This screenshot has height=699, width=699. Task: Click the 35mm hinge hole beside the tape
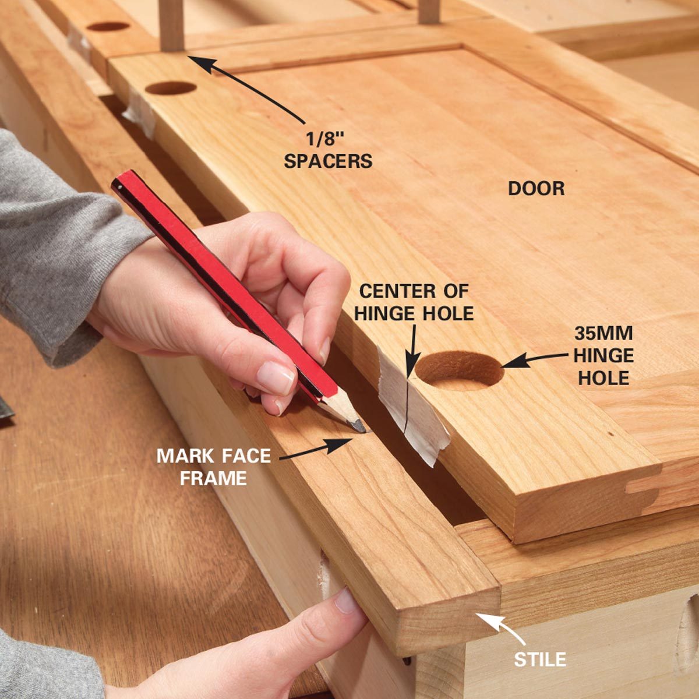click(x=460, y=370)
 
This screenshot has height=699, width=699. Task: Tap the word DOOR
click(x=536, y=188)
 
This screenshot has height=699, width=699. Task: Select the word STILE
click(x=540, y=659)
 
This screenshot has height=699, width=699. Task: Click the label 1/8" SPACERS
click(x=328, y=150)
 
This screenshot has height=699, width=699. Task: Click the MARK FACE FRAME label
click(x=213, y=467)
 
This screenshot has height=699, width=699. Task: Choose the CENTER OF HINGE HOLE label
click(x=414, y=302)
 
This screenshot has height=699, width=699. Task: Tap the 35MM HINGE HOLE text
click(x=603, y=355)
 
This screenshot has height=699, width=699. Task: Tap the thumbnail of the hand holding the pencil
click(x=276, y=377)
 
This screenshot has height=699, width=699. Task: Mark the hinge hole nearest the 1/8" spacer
click(x=171, y=89)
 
